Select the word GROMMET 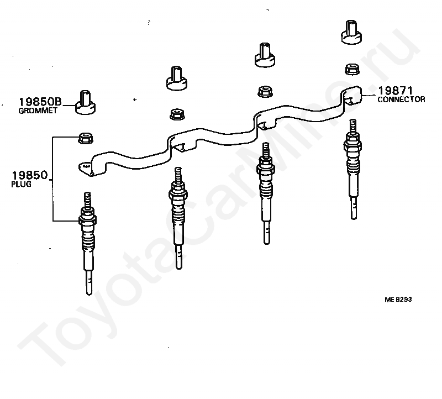tap(34, 111)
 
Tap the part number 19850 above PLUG tap(30, 176)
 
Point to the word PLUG tap(21, 185)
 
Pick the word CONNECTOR tap(401, 99)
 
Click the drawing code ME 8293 tap(399, 300)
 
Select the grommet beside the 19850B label tap(86, 103)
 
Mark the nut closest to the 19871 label tap(350, 69)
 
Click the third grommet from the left tap(264, 55)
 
